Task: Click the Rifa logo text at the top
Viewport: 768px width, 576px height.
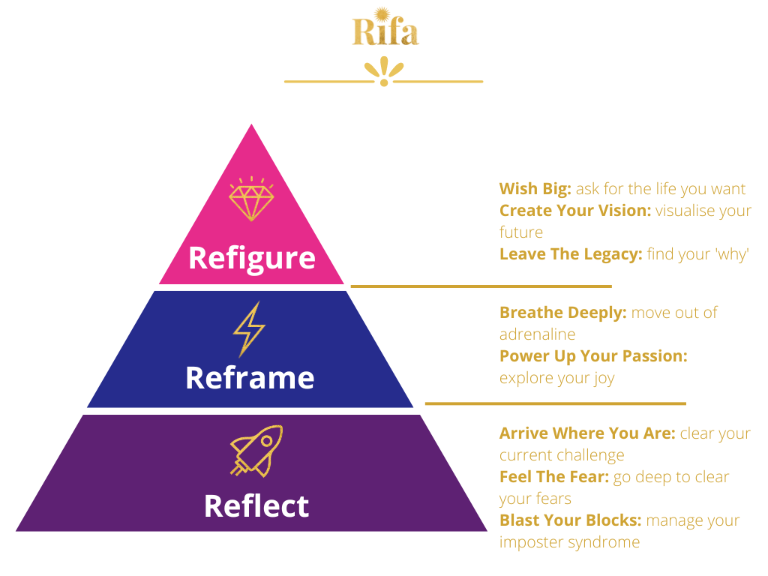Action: [x=385, y=31]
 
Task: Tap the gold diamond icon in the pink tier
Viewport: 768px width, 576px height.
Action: [x=251, y=199]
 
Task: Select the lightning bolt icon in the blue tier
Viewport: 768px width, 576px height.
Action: [x=249, y=328]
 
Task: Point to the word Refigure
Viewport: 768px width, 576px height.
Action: [x=251, y=258]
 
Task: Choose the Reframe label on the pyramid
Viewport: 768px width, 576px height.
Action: [x=250, y=377]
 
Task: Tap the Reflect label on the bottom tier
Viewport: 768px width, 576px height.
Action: [x=256, y=505]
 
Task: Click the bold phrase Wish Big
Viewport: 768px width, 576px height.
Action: [x=535, y=189]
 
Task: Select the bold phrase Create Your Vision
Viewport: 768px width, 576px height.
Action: [x=575, y=211]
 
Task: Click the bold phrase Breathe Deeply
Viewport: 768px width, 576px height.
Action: [x=562, y=313]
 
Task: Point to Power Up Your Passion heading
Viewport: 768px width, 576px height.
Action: [x=593, y=356]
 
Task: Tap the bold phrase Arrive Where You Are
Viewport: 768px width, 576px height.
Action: [x=587, y=433]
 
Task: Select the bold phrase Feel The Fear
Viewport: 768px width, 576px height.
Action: [x=553, y=477]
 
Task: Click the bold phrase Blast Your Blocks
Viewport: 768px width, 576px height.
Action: [x=570, y=520]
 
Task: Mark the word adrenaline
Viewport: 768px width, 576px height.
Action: [x=538, y=334]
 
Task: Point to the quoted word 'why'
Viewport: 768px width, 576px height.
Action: [x=731, y=254]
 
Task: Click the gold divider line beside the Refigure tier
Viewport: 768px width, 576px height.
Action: [x=481, y=286]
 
